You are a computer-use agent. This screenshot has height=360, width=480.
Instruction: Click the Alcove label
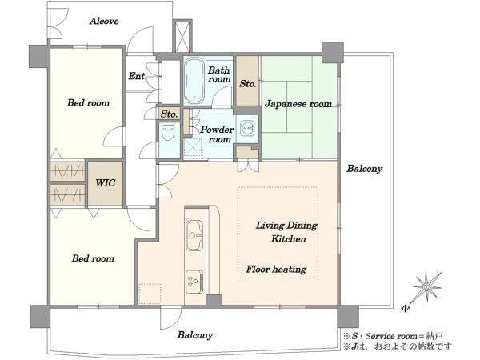click(x=104, y=21)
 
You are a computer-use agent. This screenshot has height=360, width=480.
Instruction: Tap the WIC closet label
click(x=106, y=183)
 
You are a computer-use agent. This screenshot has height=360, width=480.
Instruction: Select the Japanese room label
click(x=298, y=104)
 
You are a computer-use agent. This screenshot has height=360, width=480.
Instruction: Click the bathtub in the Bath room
click(x=194, y=80)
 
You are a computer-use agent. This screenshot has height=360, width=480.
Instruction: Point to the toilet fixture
click(x=168, y=132)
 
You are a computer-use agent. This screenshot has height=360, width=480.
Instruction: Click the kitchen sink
click(x=194, y=235)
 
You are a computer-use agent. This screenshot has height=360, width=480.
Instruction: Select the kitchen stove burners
click(x=194, y=282)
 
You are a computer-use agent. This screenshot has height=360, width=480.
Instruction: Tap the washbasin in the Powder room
click(x=247, y=128)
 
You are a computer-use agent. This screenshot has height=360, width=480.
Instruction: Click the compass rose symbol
click(x=426, y=287)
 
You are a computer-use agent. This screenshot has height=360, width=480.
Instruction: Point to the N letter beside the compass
click(x=406, y=309)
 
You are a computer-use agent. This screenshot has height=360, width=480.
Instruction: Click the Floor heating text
click(x=276, y=270)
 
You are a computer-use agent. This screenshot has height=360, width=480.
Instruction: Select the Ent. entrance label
click(x=137, y=76)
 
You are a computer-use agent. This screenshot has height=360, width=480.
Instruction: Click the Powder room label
click(x=217, y=134)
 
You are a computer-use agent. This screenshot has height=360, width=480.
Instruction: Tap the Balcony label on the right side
click(x=365, y=169)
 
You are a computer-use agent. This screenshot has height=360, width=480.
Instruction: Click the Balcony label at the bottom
click(x=195, y=335)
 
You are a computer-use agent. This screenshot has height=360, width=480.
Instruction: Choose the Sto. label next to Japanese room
click(x=248, y=84)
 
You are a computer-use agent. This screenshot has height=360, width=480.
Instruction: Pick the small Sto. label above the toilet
click(x=170, y=114)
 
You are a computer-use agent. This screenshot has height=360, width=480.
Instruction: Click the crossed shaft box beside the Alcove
click(x=182, y=37)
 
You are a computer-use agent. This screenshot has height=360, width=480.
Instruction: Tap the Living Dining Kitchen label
click(x=287, y=232)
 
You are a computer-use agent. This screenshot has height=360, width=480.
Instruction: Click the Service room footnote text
click(x=393, y=336)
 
